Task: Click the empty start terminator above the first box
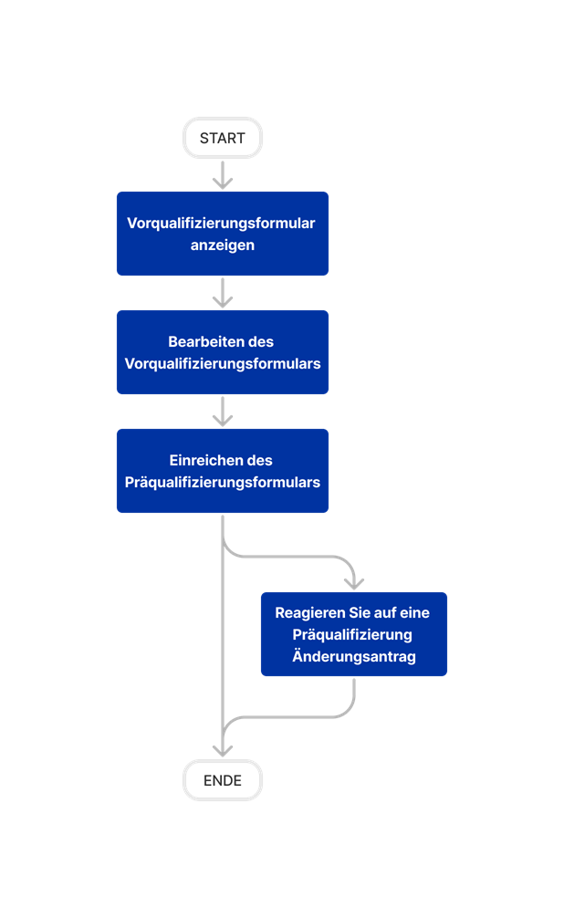[x=223, y=139]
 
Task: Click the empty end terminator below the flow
[x=223, y=780]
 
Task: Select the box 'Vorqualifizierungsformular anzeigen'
[x=223, y=234]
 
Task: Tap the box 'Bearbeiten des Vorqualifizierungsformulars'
[x=223, y=352]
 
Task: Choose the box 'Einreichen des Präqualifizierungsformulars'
[x=223, y=471]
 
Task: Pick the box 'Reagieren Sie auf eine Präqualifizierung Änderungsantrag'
[x=354, y=634]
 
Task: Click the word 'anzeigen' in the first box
[x=223, y=245]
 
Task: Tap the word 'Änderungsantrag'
[x=354, y=656]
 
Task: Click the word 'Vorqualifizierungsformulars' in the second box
[x=223, y=363]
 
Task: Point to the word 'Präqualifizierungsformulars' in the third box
[x=223, y=482]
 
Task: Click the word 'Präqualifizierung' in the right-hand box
[x=352, y=634]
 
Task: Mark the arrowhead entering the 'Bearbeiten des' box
[x=223, y=300]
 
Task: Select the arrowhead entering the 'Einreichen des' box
[x=223, y=419]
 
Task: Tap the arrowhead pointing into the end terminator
[x=223, y=749]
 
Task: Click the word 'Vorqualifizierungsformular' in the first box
[x=222, y=224]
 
